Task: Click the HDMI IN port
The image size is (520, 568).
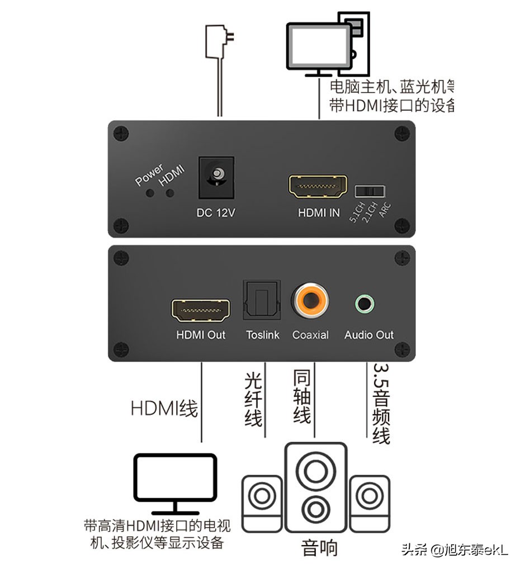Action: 318,188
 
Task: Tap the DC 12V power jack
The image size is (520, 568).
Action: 216,178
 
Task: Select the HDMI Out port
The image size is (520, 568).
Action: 201,311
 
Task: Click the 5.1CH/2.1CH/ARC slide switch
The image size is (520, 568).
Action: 370,191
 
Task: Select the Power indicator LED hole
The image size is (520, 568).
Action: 149,193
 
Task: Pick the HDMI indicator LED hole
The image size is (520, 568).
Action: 169,193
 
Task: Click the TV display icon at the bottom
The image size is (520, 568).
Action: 175,484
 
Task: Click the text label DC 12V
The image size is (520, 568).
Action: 216,212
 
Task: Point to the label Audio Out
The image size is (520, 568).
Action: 368,335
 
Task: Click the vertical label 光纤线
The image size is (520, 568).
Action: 253,399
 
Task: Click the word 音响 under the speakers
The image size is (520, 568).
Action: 319,547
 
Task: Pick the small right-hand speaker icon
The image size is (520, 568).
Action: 369,503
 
